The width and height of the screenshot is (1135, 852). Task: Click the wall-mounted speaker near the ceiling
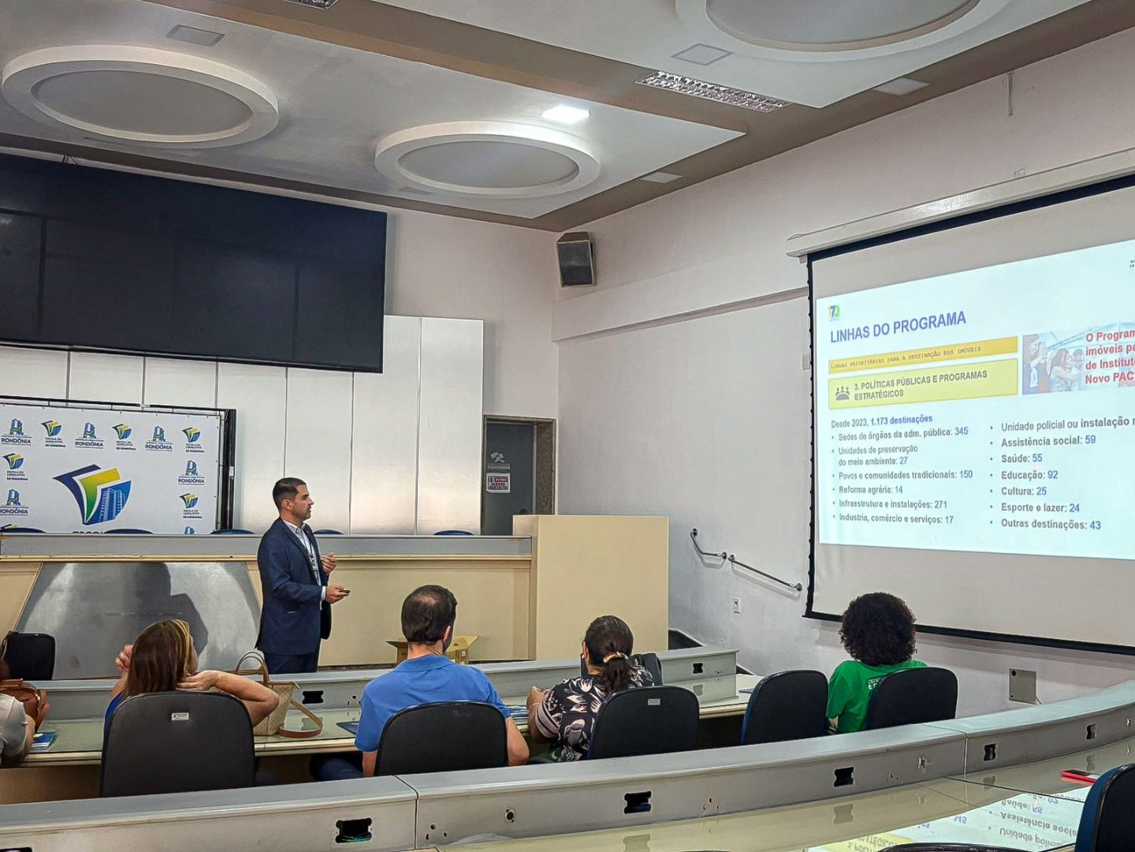(x=575, y=260)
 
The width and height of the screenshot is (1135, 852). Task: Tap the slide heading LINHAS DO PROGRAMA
(x=897, y=326)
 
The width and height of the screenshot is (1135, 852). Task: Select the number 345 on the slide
(x=961, y=432)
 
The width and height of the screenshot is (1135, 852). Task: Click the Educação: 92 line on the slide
(x=1029, y=475)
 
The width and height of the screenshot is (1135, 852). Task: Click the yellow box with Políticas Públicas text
(x=921, y=384)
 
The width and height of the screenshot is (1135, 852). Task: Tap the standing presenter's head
(x=291, y=498)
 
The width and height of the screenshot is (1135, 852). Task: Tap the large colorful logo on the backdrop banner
(x=95, y=493)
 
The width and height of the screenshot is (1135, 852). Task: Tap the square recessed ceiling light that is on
(x=565, y=114)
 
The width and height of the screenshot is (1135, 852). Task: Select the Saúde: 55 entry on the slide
(x=1021, y=458)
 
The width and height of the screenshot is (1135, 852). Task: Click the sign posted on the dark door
(x=497, y=483)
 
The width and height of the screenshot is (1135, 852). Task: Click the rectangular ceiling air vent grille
(x=711, y=91)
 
